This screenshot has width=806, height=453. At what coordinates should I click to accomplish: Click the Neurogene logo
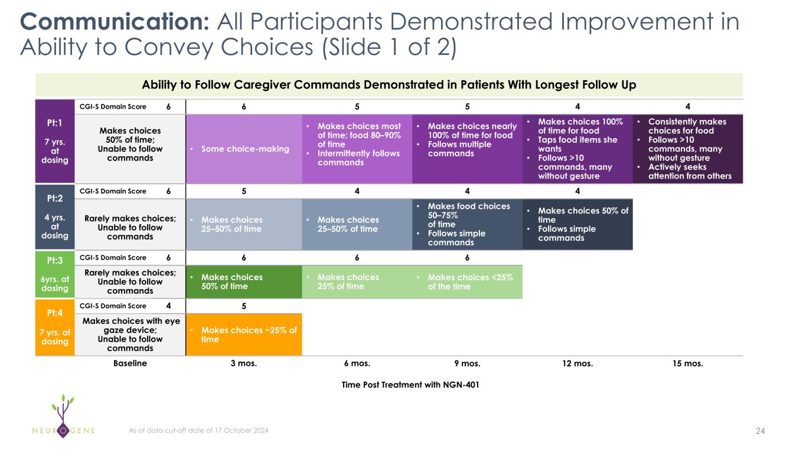[x=64, y=416]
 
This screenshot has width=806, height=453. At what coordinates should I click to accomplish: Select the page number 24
[x=761, y=431]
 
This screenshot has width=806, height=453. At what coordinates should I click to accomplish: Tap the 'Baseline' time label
[x=130, y=363]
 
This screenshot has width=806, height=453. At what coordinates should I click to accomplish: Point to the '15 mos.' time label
[x=688, y=363]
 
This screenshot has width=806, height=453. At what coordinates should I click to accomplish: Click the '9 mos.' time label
[x=467, y=363]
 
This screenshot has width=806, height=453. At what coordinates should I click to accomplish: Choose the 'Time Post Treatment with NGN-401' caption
[x=410, y=385]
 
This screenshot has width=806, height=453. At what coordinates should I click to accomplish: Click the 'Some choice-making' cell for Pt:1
[x=244, y=149]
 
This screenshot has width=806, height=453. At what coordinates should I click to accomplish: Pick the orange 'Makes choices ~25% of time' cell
[x=244, y=334]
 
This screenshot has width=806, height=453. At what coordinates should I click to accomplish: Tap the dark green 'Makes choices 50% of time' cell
[x=244, y=282]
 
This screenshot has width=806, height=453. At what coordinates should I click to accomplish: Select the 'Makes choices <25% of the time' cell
[x=467, y=282]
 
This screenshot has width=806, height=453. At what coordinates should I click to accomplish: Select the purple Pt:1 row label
[x=55, y=142]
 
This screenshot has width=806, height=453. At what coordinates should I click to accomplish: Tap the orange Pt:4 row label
[x=55, y=327]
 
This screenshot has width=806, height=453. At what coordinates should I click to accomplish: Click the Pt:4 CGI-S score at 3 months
[x=244, y=306]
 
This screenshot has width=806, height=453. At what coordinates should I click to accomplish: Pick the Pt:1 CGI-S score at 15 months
[x=688, y=106]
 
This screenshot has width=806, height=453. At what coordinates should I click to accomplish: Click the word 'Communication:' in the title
[x=115, y=22]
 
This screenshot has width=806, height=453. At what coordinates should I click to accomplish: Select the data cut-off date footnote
[x=198, y=431]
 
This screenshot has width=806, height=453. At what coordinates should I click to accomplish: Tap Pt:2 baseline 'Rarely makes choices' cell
[x=130, y=228]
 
